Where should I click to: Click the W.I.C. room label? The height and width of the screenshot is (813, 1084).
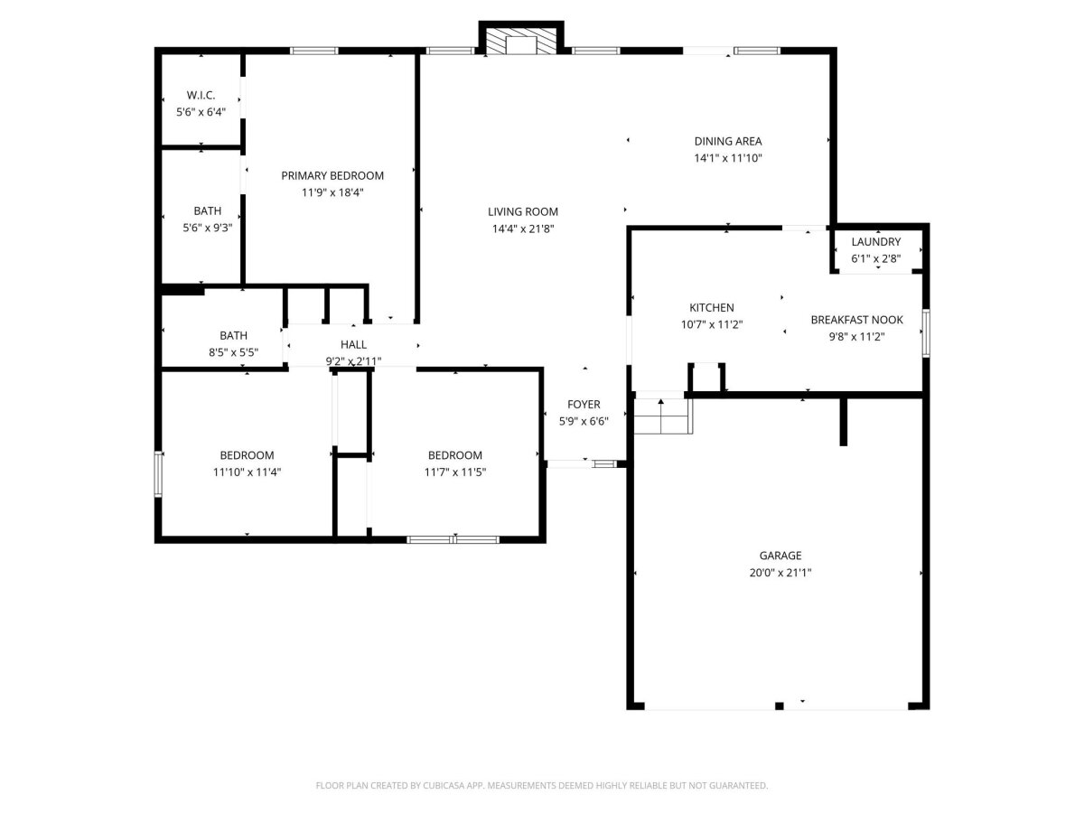(x=201, y=95)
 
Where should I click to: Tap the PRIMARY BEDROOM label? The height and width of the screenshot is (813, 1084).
(x=332, y=176)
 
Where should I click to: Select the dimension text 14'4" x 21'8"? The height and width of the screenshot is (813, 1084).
(x=523, y=229)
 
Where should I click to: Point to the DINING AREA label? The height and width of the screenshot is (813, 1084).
(x=728, y=141)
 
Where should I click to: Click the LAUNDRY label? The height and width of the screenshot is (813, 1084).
(x=876, y=242)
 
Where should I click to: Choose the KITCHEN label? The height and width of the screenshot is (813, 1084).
(x=712, y=307)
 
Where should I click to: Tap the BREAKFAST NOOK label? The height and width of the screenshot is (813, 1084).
(x=857, y=320)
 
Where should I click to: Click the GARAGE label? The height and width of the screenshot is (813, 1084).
(x=780, y=556)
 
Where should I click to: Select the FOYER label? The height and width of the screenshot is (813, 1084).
(x=584, y=405)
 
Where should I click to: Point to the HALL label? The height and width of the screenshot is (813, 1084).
(x=353, y=344)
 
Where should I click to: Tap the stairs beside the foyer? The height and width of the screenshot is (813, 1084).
(x=663, y=416)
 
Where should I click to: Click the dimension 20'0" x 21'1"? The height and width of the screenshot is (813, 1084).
(x=780, y=573)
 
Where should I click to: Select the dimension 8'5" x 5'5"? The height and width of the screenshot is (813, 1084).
(x=234, y=352)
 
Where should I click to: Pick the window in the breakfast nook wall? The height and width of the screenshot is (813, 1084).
(x=927, y=332)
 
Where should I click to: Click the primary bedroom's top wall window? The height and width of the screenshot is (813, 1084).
(x=314, y=51)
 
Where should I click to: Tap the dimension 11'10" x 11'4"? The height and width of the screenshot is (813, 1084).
(x=247, y=472)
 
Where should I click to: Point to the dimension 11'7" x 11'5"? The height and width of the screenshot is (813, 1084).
(x=455, y=472)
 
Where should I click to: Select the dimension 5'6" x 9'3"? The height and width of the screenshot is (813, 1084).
(x=208, y=228)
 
